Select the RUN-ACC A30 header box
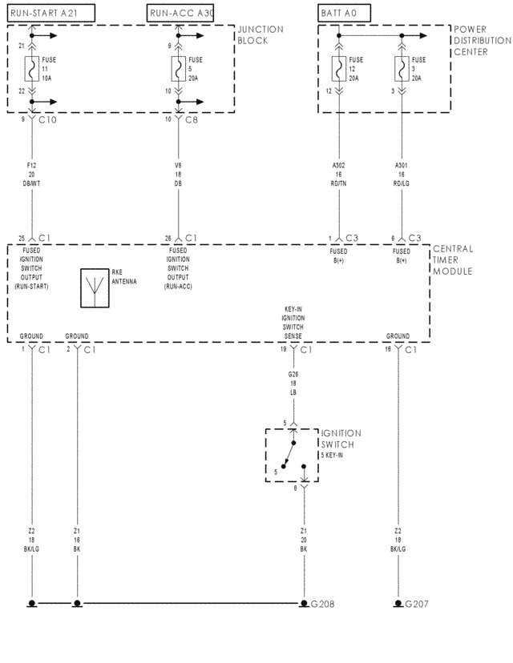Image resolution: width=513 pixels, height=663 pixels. [x=181, y=12]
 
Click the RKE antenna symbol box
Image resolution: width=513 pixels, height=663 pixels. [x=94, y=288]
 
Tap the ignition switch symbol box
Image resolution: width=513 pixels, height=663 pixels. [x=292, y=455]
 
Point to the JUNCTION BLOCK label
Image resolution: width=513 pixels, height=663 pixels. [x=260, y=34]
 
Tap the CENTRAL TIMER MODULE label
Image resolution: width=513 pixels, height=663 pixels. [x=454, y=259]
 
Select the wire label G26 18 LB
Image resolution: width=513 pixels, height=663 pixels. [x=293, y=382]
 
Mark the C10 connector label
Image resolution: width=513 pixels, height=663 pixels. [x=48, y=120]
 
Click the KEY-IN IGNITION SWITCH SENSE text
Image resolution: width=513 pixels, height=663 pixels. [x=293, y=321]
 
